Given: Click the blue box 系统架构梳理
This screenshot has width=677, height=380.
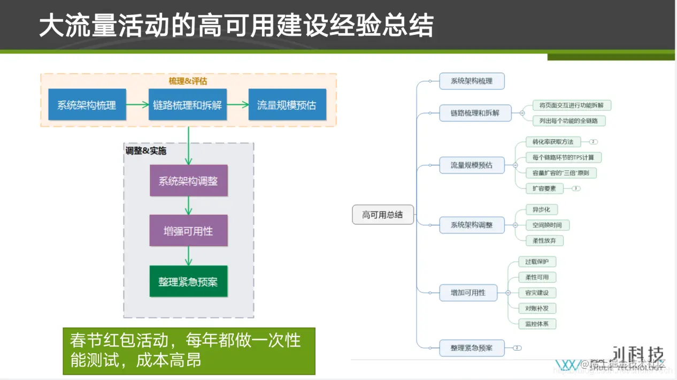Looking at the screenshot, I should pos(87,105).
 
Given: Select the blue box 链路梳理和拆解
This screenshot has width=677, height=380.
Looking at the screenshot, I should pos(187,105).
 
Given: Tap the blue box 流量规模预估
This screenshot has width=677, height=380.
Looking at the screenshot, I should pos(287,105).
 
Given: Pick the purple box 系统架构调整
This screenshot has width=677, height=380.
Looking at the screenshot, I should pos(188,181).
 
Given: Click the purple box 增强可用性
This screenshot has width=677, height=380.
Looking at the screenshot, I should pos(188,231).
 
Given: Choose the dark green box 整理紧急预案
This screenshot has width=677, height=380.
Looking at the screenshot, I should pos(188,282).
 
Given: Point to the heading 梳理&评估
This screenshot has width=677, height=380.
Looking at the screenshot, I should pos(188,81).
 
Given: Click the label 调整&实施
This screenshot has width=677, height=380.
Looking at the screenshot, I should pos(146,151).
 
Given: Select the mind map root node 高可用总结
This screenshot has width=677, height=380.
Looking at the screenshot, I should pos(382,215).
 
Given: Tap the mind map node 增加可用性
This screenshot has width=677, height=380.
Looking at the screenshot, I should pos(468,293).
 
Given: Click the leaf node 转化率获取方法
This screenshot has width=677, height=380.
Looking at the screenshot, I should pos(553,142).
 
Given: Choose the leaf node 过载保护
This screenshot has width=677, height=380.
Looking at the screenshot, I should pos(537,262).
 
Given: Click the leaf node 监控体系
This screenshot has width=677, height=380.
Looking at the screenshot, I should pos(537,324).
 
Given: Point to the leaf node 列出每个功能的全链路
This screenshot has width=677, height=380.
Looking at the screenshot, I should pos(568,121).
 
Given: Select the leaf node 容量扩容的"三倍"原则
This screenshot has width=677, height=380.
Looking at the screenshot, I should pos(560,173).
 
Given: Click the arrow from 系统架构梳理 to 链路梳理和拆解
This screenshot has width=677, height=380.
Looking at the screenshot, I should pos(137,105).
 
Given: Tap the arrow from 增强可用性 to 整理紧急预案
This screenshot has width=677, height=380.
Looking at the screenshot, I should pos(188,256).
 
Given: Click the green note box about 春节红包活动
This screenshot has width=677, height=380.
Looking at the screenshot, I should pos(189,351).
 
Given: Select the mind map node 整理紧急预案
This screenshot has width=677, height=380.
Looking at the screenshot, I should pos(471,348).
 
